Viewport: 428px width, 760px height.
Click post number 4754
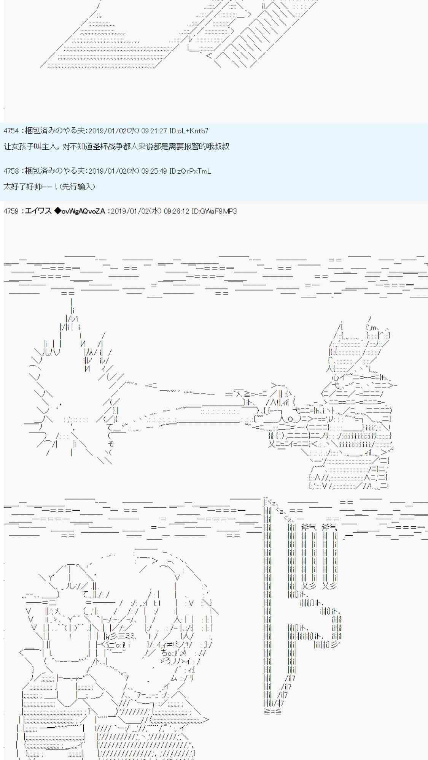(11, 131)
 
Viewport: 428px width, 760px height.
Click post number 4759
(11, 211)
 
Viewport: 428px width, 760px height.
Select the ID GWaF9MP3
(214, 211)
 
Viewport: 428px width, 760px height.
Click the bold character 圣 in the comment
(97, 147)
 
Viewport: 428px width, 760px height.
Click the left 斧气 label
(309, 527)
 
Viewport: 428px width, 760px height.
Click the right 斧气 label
(329, 527)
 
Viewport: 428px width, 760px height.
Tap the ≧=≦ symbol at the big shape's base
(272, 711)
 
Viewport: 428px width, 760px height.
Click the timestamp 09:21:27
(154, 131)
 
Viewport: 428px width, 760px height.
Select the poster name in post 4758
(56, 171)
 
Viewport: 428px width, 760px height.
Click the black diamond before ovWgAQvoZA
(57, 211)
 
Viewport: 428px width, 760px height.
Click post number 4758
(11, 171)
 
